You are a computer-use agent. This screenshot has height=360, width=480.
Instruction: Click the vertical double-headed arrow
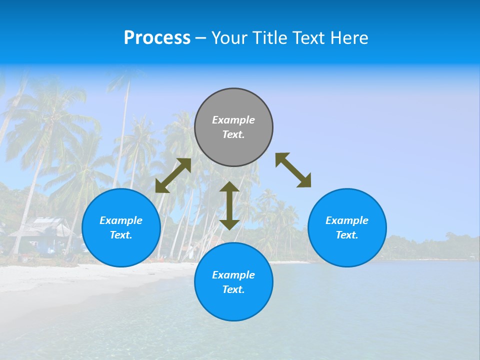[229, 205]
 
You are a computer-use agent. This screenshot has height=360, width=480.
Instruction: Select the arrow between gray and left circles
[173, 175]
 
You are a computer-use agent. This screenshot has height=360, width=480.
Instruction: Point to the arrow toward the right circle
[293, 170]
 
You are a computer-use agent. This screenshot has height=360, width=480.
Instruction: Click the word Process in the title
[157, 37]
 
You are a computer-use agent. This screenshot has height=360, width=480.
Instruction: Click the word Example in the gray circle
[233, 120]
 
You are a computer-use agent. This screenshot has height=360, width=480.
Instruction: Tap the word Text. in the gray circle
[233, 134]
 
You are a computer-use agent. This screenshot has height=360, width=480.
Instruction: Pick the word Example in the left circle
[121, 220]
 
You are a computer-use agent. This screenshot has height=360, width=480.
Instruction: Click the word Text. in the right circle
[347, 235]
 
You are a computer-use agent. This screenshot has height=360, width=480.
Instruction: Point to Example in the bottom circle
[233, 275]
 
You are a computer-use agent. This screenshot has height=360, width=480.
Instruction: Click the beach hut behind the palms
[42, 232]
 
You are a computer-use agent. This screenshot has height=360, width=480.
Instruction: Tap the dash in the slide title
[201, 38]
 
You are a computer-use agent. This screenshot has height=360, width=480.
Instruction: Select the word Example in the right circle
[347, 220]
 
